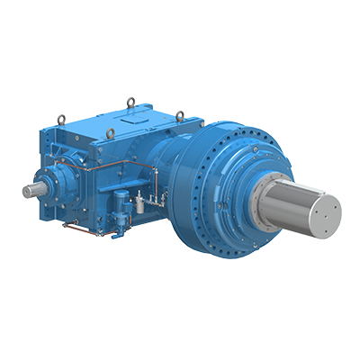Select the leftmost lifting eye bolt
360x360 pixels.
(61, 117)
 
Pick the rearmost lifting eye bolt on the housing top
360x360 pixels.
(130, 103)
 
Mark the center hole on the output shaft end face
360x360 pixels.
(321, 211)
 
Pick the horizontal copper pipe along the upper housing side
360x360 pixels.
(99, 166)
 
